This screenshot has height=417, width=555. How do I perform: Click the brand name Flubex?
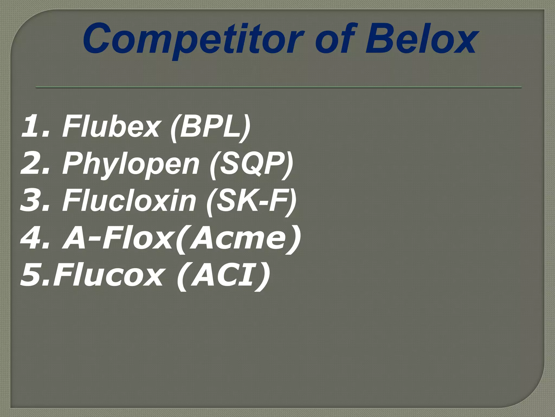tap(111, 126)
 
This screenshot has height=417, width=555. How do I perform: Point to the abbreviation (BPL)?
tap(210, 126)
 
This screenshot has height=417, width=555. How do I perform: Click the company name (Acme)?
tap(238, 238)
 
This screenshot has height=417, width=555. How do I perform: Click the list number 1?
tap(32, 126)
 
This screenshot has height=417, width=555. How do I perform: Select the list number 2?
tap(32, 164)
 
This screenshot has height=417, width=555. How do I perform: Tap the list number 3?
tap(32, 201)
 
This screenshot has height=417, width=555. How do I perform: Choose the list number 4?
tap(32, 238)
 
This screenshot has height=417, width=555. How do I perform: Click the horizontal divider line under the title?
tap(279, 87)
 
